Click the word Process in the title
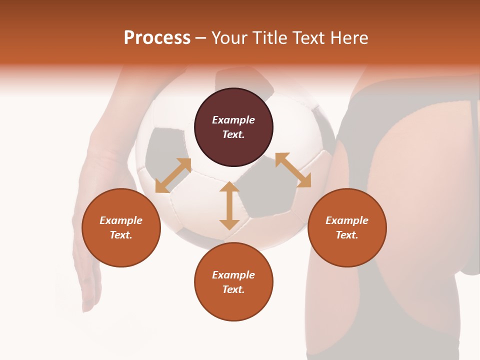(x=157, y=38)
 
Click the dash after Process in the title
(x=200, y=38)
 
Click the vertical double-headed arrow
(x=229, y=205)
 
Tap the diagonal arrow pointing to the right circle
(x=293, y=170)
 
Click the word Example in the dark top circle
(x=233, y=120)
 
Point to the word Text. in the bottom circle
(x=233, y=289)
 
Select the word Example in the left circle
(x=121, y=220)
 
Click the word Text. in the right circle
(x=347, y=235)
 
